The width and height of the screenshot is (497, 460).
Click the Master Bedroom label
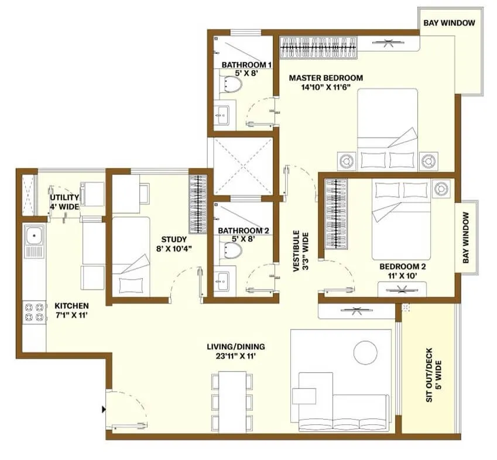(x=326, y=78)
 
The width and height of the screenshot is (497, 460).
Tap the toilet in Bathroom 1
(x=231, y=84)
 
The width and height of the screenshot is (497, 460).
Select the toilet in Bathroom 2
(x=231, y=250)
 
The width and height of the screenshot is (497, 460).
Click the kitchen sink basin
(x=34, y=236)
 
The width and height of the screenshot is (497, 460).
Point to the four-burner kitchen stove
(x=34, y=312)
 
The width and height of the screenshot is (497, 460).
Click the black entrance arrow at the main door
(x=104, y=410)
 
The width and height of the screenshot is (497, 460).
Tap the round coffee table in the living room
(x=365, y=352)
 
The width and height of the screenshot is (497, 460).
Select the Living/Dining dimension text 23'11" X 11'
(x=236, y=356)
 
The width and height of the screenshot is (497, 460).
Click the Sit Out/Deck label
(x=434, y=375)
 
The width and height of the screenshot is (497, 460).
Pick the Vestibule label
(x=300, y=251)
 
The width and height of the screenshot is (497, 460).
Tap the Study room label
(x=174, y=239)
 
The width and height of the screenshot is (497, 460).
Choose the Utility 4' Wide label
(x=64, y=202)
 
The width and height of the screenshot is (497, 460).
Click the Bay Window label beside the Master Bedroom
(x=450, y=23)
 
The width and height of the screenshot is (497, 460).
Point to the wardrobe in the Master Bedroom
(x=319, y=48)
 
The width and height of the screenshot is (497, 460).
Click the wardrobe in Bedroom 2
(x=336, y=214)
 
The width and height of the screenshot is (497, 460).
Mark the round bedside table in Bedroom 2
(x=441, y=190)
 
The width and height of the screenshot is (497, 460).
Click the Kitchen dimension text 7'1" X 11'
(x=71, y=315)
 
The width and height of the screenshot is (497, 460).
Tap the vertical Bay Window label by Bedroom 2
(x=465, y=238)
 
